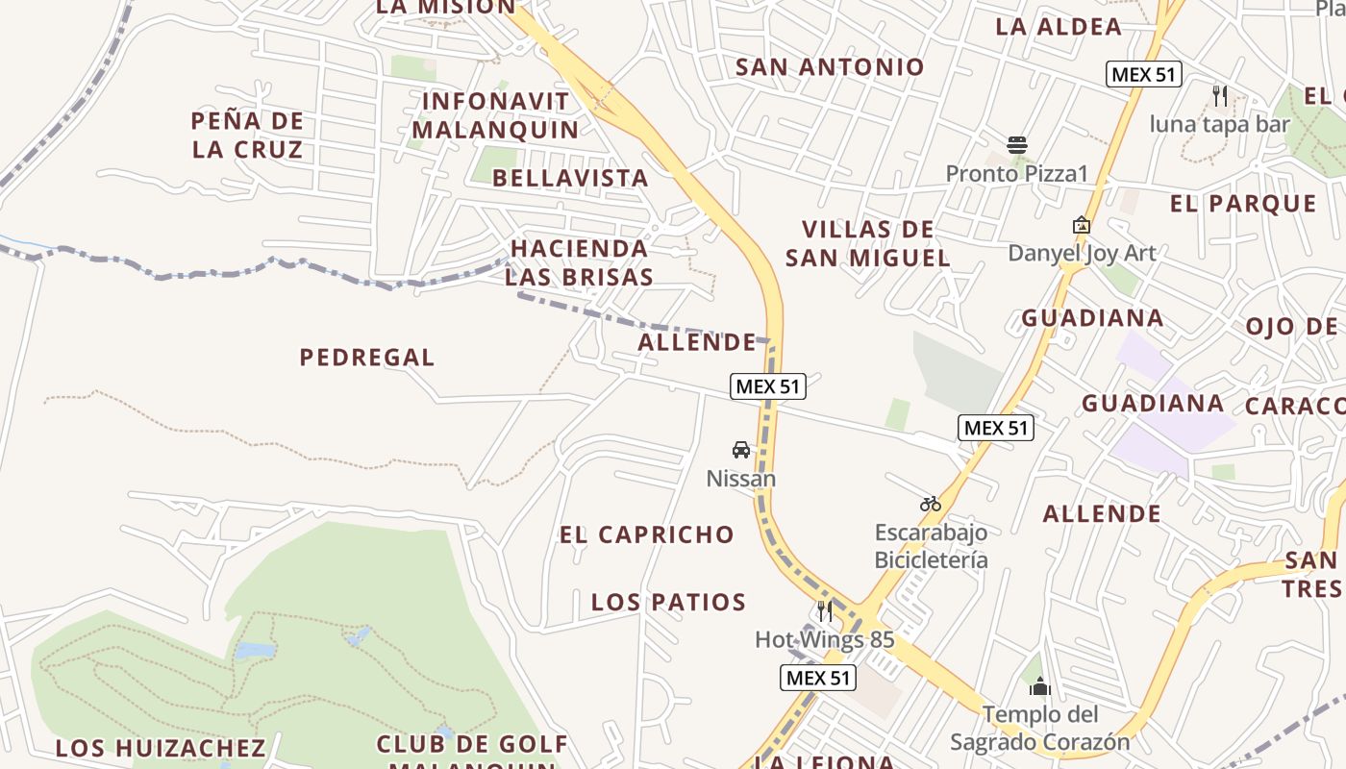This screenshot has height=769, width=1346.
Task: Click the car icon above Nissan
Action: point(741,449)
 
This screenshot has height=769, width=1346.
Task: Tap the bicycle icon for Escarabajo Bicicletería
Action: point(930,503)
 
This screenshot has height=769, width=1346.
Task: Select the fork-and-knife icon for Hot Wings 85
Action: point(824,610)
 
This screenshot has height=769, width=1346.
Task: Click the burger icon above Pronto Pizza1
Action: point(1017,145)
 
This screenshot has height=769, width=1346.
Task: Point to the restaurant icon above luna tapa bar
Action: point(1220,95)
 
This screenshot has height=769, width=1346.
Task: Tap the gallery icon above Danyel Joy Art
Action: point(1082,225)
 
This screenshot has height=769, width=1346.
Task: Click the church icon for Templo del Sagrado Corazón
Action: point(1039,686)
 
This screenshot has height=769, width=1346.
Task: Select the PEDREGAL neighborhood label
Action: point(367,358)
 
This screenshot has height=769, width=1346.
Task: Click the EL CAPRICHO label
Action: point(647,534)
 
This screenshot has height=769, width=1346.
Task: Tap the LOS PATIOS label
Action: point(668,603)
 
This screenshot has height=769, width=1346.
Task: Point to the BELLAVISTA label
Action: point(571,178)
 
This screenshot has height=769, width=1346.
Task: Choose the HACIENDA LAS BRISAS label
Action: point(580,262)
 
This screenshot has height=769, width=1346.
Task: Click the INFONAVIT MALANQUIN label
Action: point(496,115)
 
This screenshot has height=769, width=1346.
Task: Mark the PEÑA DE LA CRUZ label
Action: point(247,136)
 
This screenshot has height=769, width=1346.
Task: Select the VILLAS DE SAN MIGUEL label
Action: point(868,243)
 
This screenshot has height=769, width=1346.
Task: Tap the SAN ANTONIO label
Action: point(830,67)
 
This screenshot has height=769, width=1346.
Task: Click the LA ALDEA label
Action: point(1059,27)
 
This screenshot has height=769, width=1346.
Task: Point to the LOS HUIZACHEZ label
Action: point(160,748)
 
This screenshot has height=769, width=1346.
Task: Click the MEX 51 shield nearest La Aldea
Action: point(1143,74)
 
